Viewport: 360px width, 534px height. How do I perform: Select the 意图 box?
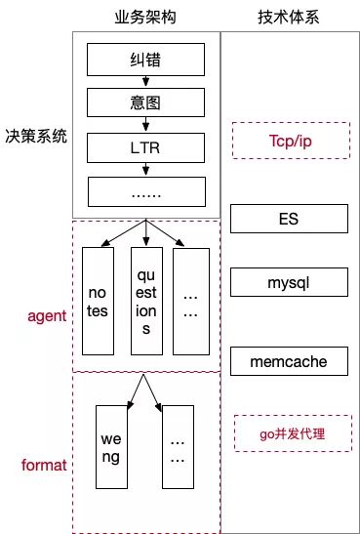(145, 102)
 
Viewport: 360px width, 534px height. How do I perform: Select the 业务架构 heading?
(144, 17)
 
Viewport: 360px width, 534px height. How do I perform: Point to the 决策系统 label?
(35, 138)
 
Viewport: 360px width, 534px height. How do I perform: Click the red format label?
(44, 465)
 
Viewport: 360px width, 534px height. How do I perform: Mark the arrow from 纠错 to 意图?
(145, 82)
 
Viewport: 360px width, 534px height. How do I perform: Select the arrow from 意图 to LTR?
(145, 126)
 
